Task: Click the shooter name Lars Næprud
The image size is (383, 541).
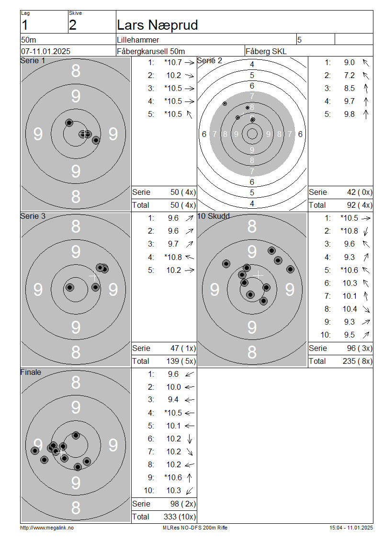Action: [158, 25]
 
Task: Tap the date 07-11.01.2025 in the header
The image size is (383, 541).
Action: [45, 51]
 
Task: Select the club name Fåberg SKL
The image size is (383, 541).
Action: [266, 51]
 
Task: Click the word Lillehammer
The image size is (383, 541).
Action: [138, 40]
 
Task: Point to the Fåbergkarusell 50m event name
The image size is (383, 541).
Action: [151, 51]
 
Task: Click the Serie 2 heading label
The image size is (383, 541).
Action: [209, 60]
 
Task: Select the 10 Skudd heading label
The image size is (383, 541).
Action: [213, 216]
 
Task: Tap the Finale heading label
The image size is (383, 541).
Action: [31, 372]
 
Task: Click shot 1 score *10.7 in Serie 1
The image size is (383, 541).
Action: [173, 62]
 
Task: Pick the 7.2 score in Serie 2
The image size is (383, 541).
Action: [349, 75]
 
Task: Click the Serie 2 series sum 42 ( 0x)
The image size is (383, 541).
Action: [360, 192]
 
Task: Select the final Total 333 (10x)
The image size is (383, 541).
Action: [180, 517]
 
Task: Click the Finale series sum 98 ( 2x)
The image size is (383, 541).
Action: [183, 504]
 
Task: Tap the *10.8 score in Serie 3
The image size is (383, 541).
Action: [173, 257]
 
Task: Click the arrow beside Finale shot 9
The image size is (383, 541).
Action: [190, 477]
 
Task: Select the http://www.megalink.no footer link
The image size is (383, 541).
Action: [47, 528]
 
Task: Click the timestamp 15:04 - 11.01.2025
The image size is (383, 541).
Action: [351, 528]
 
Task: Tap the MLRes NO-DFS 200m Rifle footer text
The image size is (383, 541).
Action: [195, 528]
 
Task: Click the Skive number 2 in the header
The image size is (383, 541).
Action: [72, 25]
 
